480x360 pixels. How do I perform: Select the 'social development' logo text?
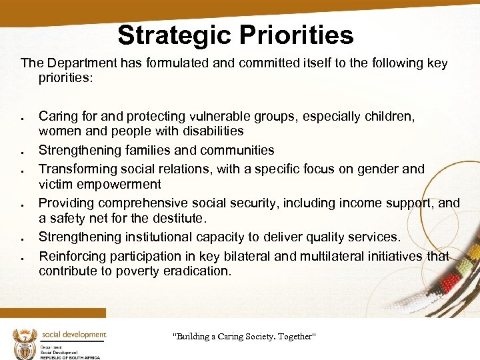[x=73, y=335]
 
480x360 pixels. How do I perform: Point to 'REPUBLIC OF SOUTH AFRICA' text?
[x=70, y=357]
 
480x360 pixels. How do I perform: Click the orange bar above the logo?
[x=53, y=313]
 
